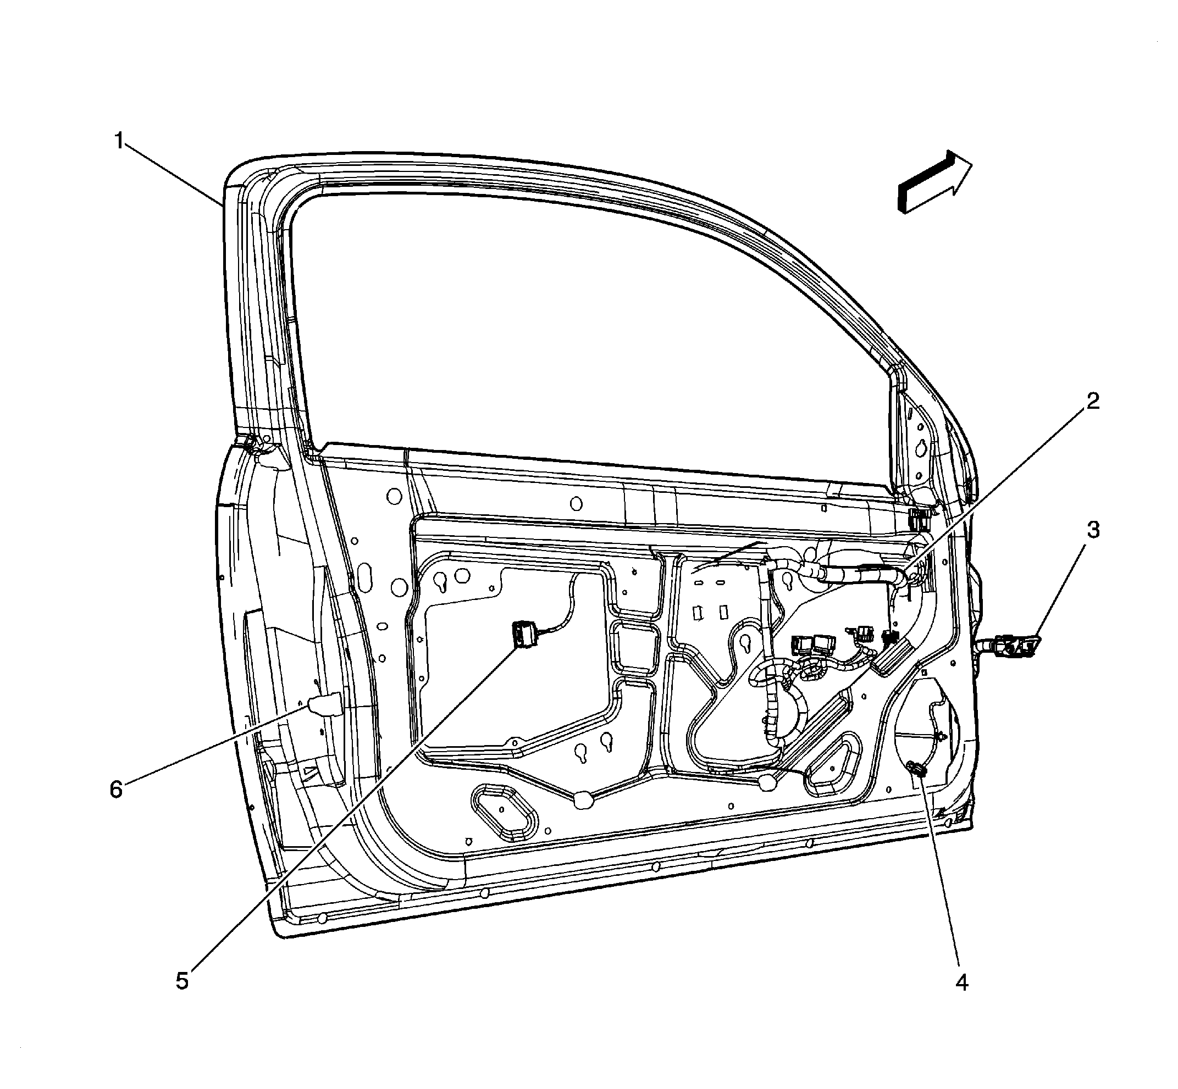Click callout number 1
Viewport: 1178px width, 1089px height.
(120, 141)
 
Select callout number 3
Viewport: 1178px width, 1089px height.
(1093, 530)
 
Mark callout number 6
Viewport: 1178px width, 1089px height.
(116, 789)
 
